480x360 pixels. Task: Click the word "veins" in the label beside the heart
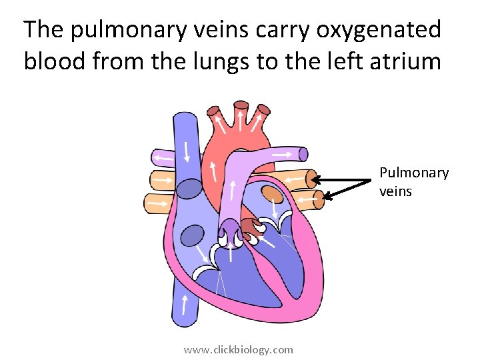[x=396, y=191]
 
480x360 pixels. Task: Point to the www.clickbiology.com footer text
[x=238, y=349]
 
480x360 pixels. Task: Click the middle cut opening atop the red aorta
[x=240, y=105]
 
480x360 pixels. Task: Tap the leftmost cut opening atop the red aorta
[x=215, y=111]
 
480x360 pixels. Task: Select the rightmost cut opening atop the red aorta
[x=264, y=109]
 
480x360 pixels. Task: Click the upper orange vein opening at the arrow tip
[x=311, y=179]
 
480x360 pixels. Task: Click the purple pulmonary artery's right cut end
[x=303, y=155]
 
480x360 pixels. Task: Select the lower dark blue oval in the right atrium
[x=193, y=236]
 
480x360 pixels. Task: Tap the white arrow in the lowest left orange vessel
[x=158, y=203]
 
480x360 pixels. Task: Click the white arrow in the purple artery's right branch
[x=281, y=154]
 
